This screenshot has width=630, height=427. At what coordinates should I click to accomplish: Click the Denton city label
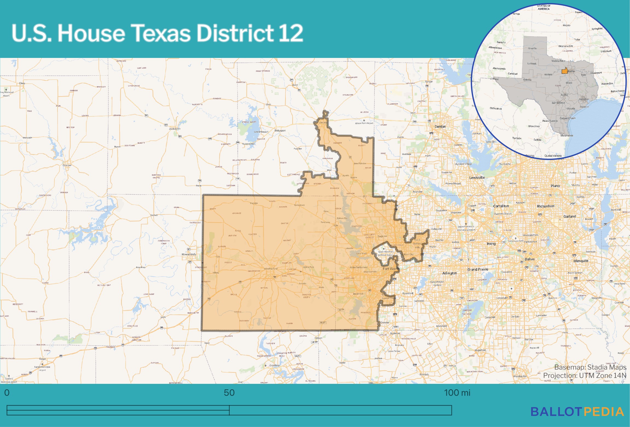pyautogui.click(x=440, y=126)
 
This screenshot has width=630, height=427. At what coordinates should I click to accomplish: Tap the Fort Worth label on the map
pyautogui.click(x=391, y=269)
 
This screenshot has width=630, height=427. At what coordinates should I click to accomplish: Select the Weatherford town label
pyautogui.click(x=270, y=269)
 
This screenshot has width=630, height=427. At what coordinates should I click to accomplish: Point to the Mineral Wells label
pyautogui.click(x=189, y=254)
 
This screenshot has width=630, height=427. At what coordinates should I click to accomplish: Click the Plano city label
pyautogui.click(x=555, y=186)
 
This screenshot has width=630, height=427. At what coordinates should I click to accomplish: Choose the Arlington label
pyautogui.click(x=449, y=273)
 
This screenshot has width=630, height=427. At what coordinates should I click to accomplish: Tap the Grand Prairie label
pyautogui.click(x=478, y=269)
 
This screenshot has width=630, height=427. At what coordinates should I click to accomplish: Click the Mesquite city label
pyautogui.click(x=581, y=261)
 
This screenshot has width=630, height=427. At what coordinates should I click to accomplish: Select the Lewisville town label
pyautogui.click(x=477, y=178)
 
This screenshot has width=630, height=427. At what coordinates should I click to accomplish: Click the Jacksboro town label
pyautogui.click(x=174, y=129)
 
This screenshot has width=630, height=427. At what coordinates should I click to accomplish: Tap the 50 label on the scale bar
pyautogui.click(x=229, y=393)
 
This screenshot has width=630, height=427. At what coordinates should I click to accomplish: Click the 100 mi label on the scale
pyautogui.click(x=457, y=393)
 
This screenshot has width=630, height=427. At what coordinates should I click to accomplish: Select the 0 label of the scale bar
pyautogui.click(x=7, y=393)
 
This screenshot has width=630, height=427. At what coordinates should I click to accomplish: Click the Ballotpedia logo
pyautogui.click(x=577, y=412)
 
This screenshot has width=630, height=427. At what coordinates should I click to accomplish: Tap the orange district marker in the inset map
pyautogui.click(x=564, y=71)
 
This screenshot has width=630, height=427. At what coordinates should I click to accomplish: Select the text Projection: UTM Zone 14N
pyautogui.click(x=585, y=376)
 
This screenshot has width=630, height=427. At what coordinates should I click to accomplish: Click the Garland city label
pyautogui.click(x=570, y=216)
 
